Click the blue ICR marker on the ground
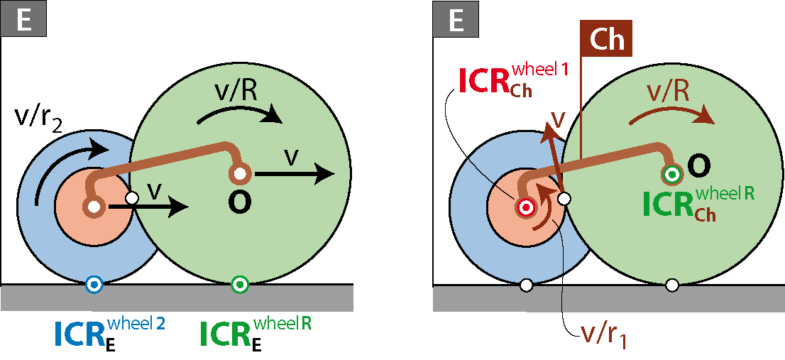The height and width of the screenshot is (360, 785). pos(94,285)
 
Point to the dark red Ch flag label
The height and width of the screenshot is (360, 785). pos(605,38)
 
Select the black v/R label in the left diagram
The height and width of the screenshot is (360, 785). pos(234,94)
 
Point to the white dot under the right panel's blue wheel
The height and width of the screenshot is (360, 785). pos(526,285)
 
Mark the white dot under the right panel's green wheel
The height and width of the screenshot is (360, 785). pos(672,285)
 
